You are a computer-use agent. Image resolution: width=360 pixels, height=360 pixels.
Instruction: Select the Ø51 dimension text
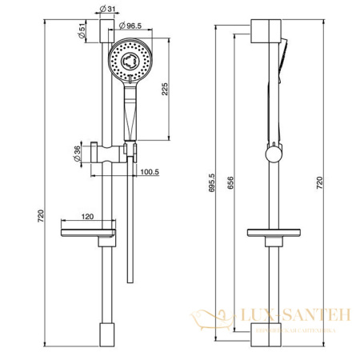(x=83, y=33)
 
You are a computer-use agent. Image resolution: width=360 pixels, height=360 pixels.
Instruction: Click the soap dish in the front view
(x=88, y=234)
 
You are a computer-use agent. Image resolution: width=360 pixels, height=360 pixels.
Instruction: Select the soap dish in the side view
(x=273, y=234)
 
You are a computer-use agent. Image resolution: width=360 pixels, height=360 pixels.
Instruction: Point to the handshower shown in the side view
(x=282, y=64)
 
